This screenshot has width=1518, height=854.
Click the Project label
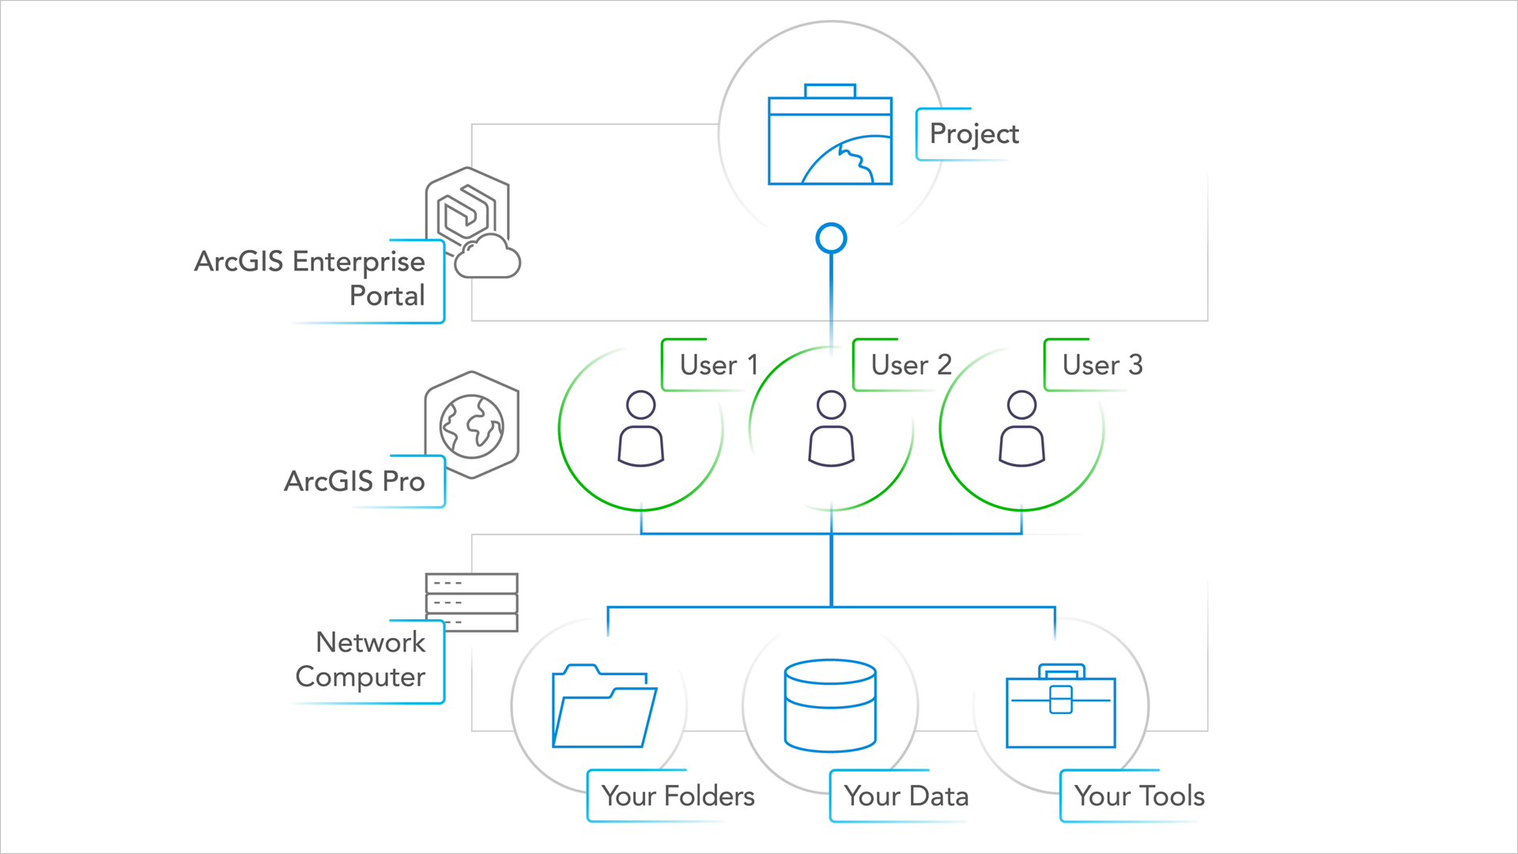pyautogui.click(x=973, y=134)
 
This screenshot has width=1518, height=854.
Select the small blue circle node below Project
pyautogui.click(x=831, y=238)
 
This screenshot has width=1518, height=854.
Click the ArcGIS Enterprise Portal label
pyautogui.click(x=310, y=278)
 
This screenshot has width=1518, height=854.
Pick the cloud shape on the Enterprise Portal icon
pyautogui.click(x=487, y=258)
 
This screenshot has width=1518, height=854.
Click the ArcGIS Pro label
pyautogui.click(x=355, y=481)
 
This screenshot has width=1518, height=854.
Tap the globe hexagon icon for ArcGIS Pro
pyautogui.click(x=472, y=425)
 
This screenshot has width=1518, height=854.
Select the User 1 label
pyautogui.click(x=719, y=365)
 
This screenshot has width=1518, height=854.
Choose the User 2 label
pyautogui.click(x=911, y=365)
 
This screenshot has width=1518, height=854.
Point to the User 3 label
pyautogui.click(x=1102, y=365)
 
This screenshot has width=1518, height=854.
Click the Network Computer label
pyautogui.click(x=361, y=659)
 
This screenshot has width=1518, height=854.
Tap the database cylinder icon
pyautogui.click(x=830, y=705)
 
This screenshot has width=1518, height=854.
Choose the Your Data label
pyautogui.click(x=906, y=795)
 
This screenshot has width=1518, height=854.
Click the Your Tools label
pyautogui.click(x=1139, y=795)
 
